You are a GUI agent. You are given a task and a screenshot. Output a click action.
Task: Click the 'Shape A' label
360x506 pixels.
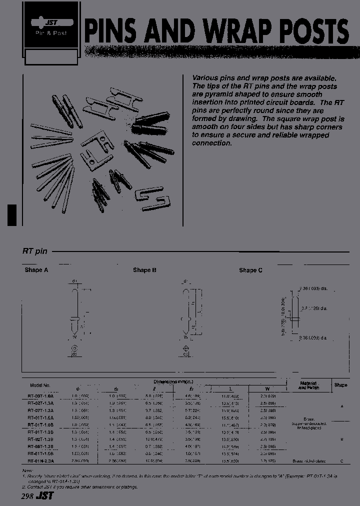tap(36, 270)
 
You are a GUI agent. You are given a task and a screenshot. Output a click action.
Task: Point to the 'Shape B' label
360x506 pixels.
tap(144, 270)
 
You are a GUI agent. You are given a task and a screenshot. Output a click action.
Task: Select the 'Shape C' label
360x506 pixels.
tap(250, 270)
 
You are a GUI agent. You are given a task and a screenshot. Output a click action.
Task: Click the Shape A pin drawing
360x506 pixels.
tap(74, 315)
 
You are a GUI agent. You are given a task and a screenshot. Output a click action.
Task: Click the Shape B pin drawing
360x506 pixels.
tap(185, 315)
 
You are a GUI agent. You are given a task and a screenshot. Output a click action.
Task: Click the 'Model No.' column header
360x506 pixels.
tap(40, 385)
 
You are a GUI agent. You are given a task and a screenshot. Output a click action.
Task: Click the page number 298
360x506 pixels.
tap(28, 496)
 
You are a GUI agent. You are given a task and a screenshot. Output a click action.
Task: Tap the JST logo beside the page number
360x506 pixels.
tap(45, 496)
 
